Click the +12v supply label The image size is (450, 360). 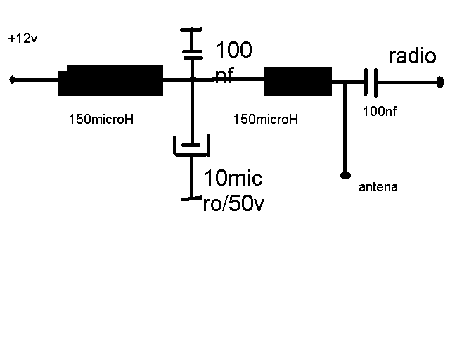pos(22,39)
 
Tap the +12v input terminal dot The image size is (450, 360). pos(12,79)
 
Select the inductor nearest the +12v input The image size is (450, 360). pos(111,80)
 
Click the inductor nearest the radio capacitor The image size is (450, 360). pos(297,82)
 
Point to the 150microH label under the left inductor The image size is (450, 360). pos(101,119)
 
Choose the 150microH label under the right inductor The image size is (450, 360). pos(266,119)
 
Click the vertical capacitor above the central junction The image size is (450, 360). pos(192,44)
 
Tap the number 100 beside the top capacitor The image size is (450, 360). pos(233,50)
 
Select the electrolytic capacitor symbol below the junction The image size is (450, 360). pos(191,146)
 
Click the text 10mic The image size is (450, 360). pos(233,178)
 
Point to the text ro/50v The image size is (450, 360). pos(233,203)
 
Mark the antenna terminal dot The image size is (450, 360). pos(345,175)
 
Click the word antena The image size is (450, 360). pos(378,187)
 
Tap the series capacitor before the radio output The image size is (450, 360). pos(371,83)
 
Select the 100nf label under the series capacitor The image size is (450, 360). pos(380,111)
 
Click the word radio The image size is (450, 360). pos(412,56)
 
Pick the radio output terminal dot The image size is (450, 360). pos(440,82)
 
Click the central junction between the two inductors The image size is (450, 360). pos(192,79)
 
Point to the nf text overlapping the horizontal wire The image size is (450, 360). pos(224,75)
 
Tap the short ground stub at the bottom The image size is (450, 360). pos(191,198)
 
